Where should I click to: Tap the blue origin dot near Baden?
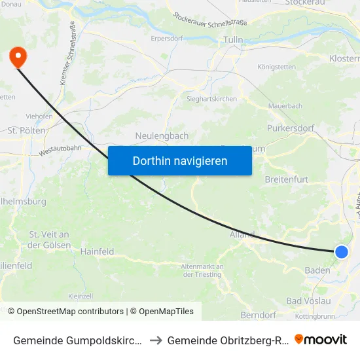[342, 252]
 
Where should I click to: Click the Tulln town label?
[234, 40]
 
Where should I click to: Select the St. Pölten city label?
[27, 130]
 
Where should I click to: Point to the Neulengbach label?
[162, 135]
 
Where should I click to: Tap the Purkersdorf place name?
[291, 128]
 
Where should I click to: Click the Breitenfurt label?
[286, 179]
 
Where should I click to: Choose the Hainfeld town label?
[97, 251]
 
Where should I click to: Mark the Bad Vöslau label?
[308, 300]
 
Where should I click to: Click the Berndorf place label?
[259, 315]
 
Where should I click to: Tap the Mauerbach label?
[285, 105]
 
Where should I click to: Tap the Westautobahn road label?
[60, 151]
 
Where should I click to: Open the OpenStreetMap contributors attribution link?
[70, 312]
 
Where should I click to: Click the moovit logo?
[321, 339]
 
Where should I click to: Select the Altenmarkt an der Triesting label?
[202, 270]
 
